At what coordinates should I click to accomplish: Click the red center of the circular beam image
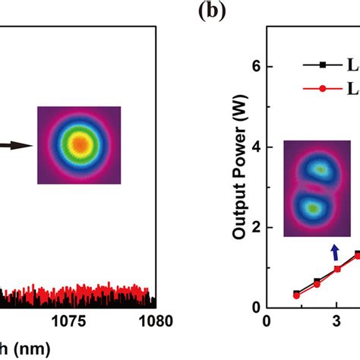(78, 144)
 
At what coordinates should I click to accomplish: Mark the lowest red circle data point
(296, 295)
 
